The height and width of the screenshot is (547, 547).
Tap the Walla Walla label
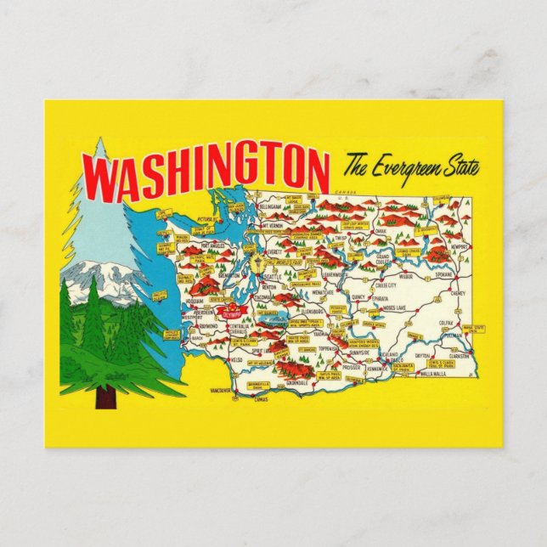(x=432, y=372)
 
